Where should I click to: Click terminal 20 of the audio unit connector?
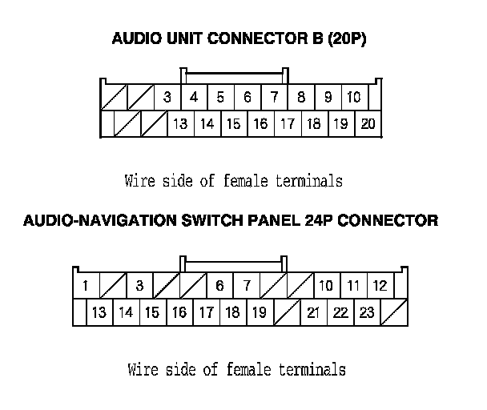(x=368, y=124)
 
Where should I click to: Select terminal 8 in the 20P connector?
(x=301, y=98)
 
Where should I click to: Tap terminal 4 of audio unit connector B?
(x=194, y=98)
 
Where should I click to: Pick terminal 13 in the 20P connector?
(x=181, y=124)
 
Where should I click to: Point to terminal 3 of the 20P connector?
(x=167, y=98)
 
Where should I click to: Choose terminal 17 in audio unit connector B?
(x=287, y=124)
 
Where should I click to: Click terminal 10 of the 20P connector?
(x=354, y=98)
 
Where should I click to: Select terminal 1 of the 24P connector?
(x=85, y=286)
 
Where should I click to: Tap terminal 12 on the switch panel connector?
(x=380, y=286)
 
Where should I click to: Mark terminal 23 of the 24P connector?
(x=367, y=312)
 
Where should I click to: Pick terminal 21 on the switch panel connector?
(x=313, y=312)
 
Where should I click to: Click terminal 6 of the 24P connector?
(x=219, y=286)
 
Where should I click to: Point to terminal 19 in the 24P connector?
(x=259, y=312)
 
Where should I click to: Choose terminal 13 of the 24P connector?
(x=99, y=312)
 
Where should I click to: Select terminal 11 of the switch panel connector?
(x=353, y=286)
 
